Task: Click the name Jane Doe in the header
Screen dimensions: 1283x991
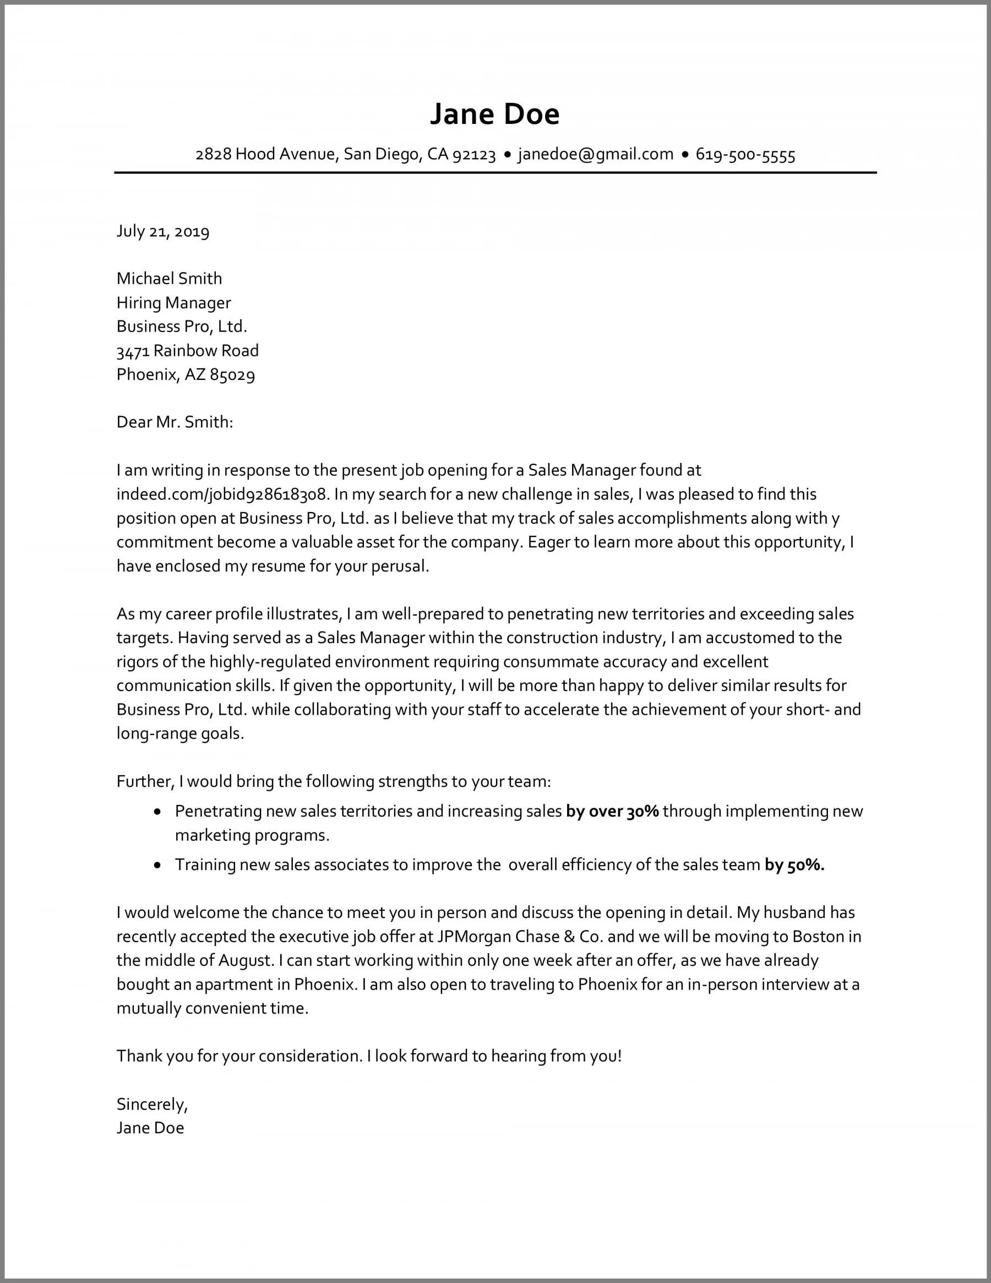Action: (x=494, y=114)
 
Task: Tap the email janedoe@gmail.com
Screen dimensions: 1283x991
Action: (x=595, y=155)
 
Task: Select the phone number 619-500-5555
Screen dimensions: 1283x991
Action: (x=745, y=155)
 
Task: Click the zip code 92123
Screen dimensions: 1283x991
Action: (x=474, y=155)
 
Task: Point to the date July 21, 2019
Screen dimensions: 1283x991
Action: (x=163, y=231)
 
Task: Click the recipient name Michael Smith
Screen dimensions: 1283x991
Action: (x=169, y=278)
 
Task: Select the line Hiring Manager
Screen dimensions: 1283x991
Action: (x=173, y=302)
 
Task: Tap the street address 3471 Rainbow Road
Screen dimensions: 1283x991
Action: (x=187, y=351)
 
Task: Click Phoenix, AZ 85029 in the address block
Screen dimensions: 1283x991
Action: (x=186, y=375)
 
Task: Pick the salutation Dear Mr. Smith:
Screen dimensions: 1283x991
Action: (x=175, y=422)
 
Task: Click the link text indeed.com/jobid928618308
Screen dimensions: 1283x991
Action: (x=221, y=494)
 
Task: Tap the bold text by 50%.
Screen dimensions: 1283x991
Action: (x=794, y=865)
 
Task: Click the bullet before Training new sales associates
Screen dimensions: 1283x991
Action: (x=157, y=865)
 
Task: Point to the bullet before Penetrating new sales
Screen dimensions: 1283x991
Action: (x=157, y=812)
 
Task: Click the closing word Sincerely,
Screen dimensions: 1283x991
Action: (x=152, y=1105)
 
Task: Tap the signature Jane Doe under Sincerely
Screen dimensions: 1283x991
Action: (x=150, y=1128)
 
